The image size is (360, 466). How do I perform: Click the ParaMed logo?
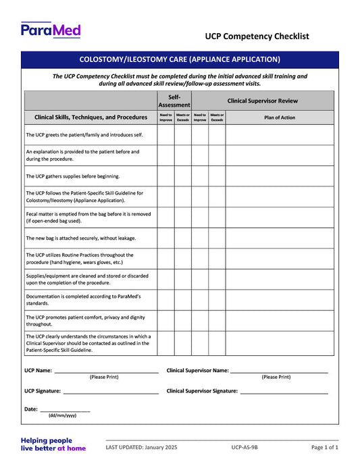point(51,30)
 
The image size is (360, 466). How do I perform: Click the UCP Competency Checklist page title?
point(257,36)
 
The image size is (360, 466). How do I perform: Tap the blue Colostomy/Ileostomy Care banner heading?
point(180,59)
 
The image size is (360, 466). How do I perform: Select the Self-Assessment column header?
point(174,101)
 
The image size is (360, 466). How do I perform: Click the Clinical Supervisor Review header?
point(262,101)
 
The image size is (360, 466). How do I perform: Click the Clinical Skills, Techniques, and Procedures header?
point(91,117)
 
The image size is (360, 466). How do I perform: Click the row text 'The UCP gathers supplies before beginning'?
point(72,176)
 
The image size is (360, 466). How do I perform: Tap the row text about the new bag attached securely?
point(80,238)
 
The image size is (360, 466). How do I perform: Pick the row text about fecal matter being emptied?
point(88,217)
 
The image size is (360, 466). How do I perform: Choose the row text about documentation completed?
point(82,300)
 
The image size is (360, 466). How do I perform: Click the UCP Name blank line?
point(106,371)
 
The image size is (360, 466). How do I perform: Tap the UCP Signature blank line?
point(110,391)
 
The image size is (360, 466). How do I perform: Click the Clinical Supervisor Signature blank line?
point(284,391)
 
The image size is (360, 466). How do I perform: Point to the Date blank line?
point(65,409)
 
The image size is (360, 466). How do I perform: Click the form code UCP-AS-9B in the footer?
point(244,447)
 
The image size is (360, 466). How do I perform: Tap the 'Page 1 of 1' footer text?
point(324,447)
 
